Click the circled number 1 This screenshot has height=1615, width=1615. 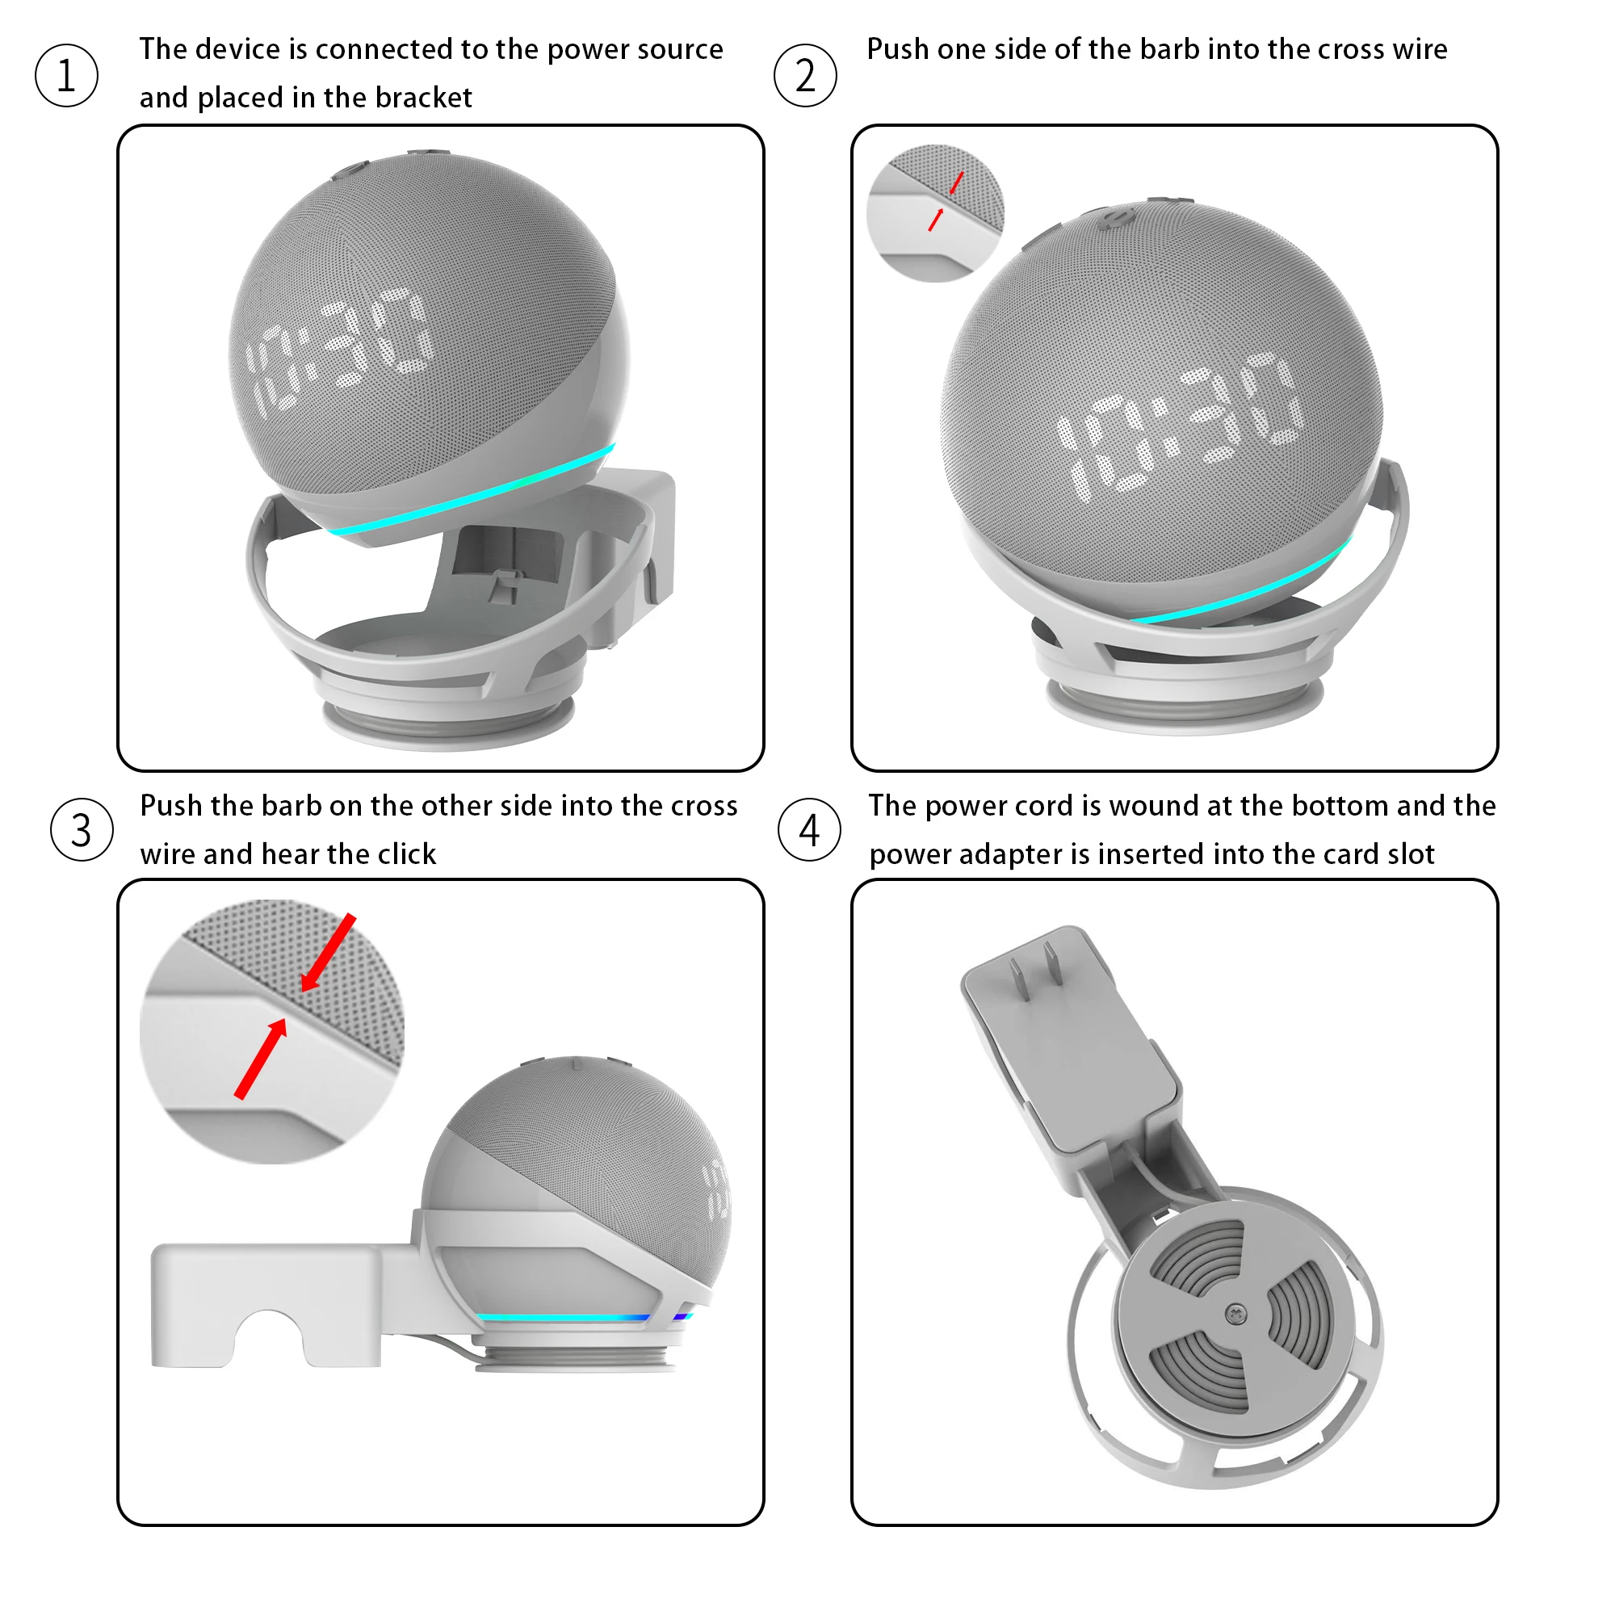coord(66,75)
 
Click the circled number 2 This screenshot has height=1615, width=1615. coord(805,75)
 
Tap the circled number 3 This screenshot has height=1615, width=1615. coord(81,830)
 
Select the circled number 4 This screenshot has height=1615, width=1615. coord(809,830)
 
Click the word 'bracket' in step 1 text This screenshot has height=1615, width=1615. coord(423,98)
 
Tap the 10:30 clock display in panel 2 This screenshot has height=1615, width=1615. coord(1179,425)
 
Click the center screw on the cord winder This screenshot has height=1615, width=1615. coord(1235,1314)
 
